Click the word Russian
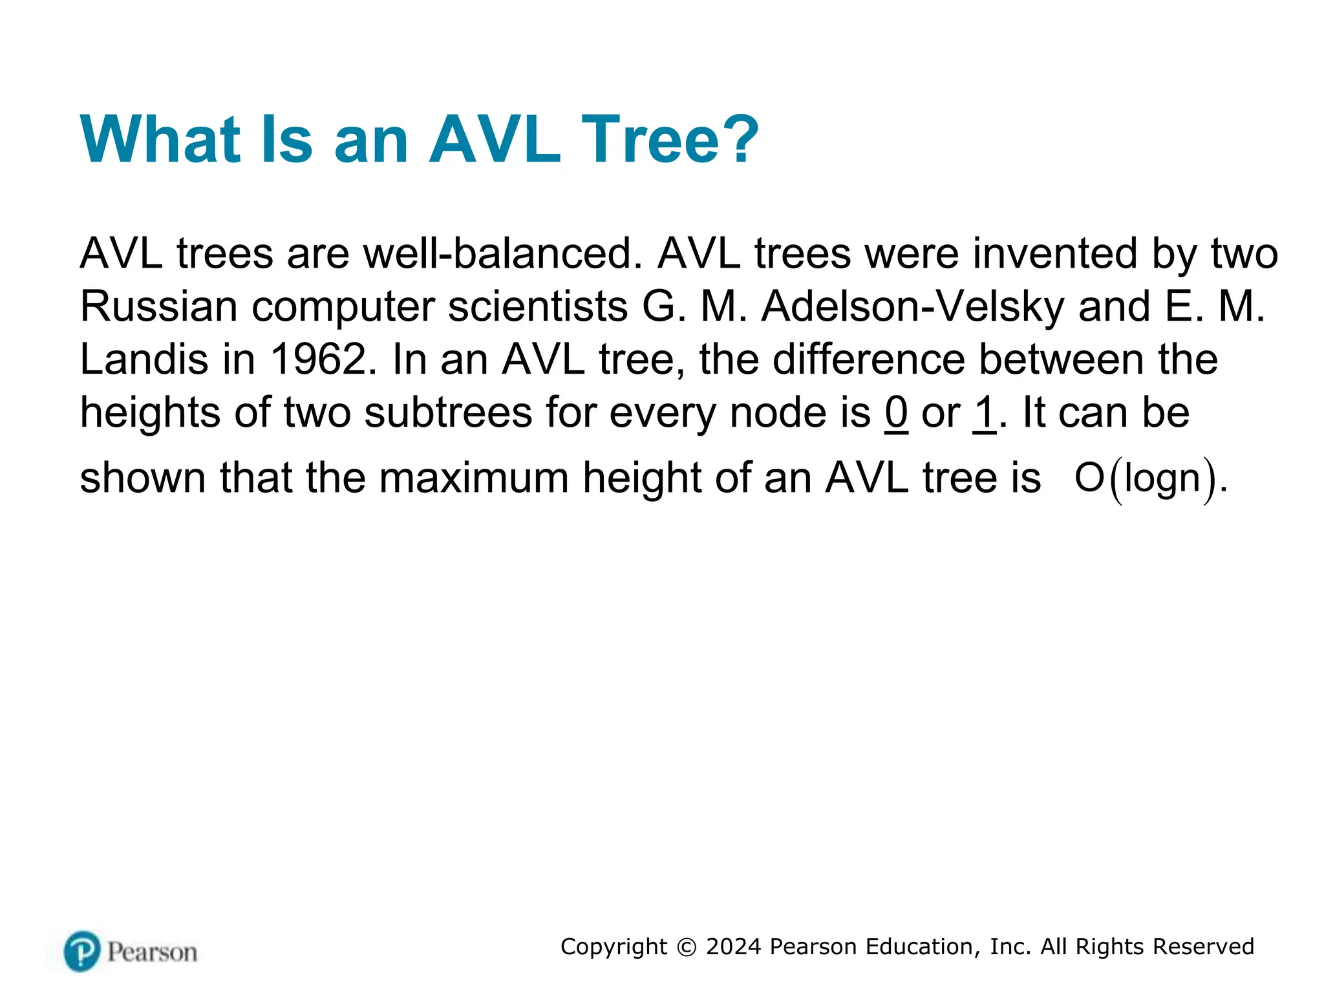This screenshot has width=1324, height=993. point(159,306)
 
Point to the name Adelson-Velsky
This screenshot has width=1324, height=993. point(912,306)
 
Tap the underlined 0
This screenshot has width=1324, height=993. point(896,412)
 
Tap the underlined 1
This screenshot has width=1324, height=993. point(985,412)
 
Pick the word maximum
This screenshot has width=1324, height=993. point(473,478)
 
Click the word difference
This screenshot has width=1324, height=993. point(869,359)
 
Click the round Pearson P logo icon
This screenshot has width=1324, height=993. point(82,951)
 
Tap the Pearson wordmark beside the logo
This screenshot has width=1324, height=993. point(152,952)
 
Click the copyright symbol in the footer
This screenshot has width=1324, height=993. point(687,947)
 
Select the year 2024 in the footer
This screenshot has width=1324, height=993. point(734,947)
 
